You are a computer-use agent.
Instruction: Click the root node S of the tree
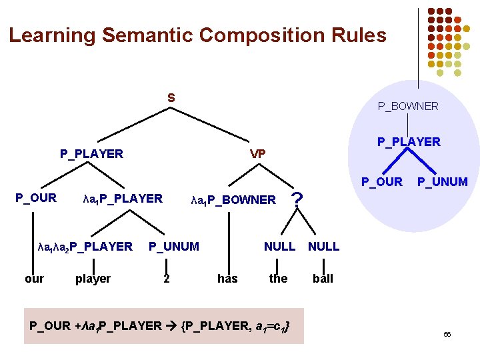pyautogui.click(x=171, y=97)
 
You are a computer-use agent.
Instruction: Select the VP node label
pyautogui.click(x=257, y=154)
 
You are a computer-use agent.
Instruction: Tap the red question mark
pyautogui.click(x=298, y=198)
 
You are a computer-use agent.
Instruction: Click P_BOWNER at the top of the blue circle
pyautogui.click(x=408, y=106)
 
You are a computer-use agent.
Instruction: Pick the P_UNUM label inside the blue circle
pyautogui.click(x=442, y=181)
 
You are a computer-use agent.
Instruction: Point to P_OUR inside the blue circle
pyautogui.click(x=381, y=181)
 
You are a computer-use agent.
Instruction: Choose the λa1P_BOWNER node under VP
pyautogui.click(x=233, y=199)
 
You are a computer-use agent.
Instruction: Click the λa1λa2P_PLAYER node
pyautogui.click(x=85, y=247)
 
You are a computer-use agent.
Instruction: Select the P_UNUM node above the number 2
pyautogui.click(x=173, y=247)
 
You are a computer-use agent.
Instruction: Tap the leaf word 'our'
pyautogui.click(x=34, y=279)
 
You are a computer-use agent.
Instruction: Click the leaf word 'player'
pyautogui.click(x=93, y=279)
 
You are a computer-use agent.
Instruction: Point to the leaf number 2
pyautogui.click(x=167, y=279)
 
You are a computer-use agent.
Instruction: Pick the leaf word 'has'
pyautogui.click(x=227, y=279)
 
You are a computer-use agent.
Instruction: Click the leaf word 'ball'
pyautogui.click(x=323, y=279)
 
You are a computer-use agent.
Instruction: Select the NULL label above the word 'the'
pyautogui.click(x=279, y=247)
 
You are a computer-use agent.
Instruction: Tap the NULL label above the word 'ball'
pyautogui.click(x=323, y=247)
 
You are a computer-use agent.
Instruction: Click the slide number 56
pyautogui.click(x=447, y=335)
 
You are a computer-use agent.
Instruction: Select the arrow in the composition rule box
pyautogui.click(x=170, y=325)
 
